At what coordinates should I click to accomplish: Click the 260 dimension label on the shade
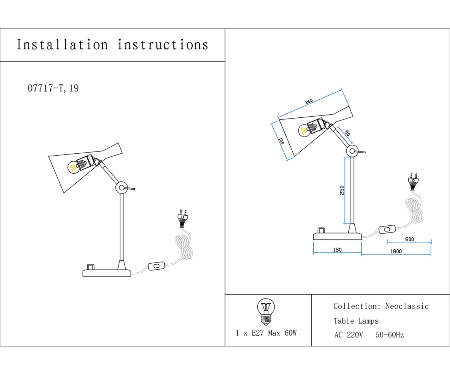click(x=309, y=102)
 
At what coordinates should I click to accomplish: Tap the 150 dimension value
click(x=281, y=141)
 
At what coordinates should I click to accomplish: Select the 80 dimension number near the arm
click(x=347, y=133)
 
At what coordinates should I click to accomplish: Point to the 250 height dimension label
click(x=342, y=190)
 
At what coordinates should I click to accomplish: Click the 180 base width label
click(x=337, y=250)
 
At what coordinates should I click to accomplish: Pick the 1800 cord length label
click(x=396, y=251)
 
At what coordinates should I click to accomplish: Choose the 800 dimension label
click(x=409, y=239)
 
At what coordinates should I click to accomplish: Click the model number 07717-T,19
click(x=53, y=88)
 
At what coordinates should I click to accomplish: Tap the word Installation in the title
click(x=62, y=45)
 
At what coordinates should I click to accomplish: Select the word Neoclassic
click(x=407, y=306)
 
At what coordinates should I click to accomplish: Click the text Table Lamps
click(x=356, y=321)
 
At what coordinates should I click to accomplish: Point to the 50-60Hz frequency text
click(x=390, y=335)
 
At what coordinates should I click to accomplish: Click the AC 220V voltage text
click(x=348, y=335)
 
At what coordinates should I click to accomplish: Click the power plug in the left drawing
click(x=183, y=219)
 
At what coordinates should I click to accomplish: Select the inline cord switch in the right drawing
click(x=387, y=229)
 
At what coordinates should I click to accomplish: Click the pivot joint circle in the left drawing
click(x=121, y=188)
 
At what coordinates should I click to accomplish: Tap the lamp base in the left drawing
click(x=106, y=273)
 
